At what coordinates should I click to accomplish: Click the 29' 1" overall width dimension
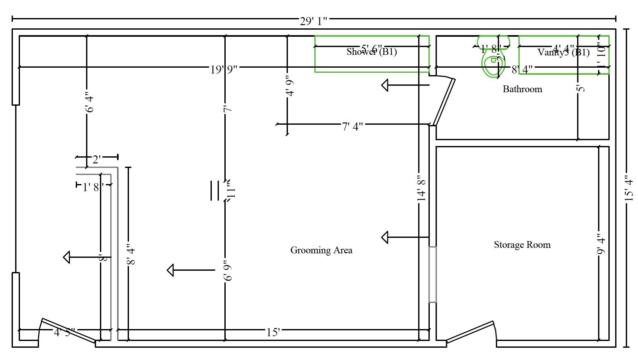pos(313,21)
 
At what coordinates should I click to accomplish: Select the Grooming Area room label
pos(321,250)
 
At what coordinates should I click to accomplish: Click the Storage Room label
pos(522,245)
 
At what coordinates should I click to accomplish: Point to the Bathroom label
pos(522,89)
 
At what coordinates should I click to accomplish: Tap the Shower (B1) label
pos(371,52)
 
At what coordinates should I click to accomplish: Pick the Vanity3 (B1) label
pos(563,53)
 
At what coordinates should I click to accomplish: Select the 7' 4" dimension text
pos(352,126)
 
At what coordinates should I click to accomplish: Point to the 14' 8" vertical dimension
pos(421,188)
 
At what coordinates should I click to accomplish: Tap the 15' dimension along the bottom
pos(273,332)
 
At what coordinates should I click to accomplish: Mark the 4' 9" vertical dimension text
pos(290,87)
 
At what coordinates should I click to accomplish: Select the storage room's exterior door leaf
pos(470,331)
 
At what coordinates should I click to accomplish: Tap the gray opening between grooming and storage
pos(432,275)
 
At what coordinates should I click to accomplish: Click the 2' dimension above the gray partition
pos(97,159)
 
